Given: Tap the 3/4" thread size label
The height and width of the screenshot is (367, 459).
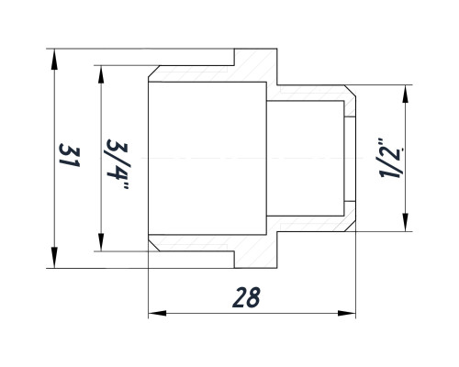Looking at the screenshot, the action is tap(118, 164).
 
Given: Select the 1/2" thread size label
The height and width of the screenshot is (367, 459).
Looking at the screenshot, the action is tap(392, 159).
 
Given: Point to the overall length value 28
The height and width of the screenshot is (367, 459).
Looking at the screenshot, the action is tap(246, 297).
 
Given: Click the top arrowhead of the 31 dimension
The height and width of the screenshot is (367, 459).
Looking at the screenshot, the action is tap(54, 60).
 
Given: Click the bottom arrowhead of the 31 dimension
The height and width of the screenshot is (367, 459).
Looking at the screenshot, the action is tap(54, 257).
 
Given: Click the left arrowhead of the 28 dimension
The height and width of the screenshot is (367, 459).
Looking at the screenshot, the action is tap(157, 313).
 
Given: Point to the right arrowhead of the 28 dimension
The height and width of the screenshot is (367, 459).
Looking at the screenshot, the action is tap(347, 313).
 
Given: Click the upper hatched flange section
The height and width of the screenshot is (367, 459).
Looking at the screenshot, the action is tap(256, 65).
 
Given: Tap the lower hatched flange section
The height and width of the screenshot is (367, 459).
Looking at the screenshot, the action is tap(256, 251).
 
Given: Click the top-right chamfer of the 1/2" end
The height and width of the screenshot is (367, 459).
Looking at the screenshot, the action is tap(350, 91).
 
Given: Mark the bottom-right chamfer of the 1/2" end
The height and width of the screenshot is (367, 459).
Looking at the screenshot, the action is tap(350, 226).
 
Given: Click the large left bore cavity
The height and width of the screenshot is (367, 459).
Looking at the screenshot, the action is tap(207, 158).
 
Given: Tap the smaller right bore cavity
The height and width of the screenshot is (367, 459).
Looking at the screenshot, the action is tap(305, 158).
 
